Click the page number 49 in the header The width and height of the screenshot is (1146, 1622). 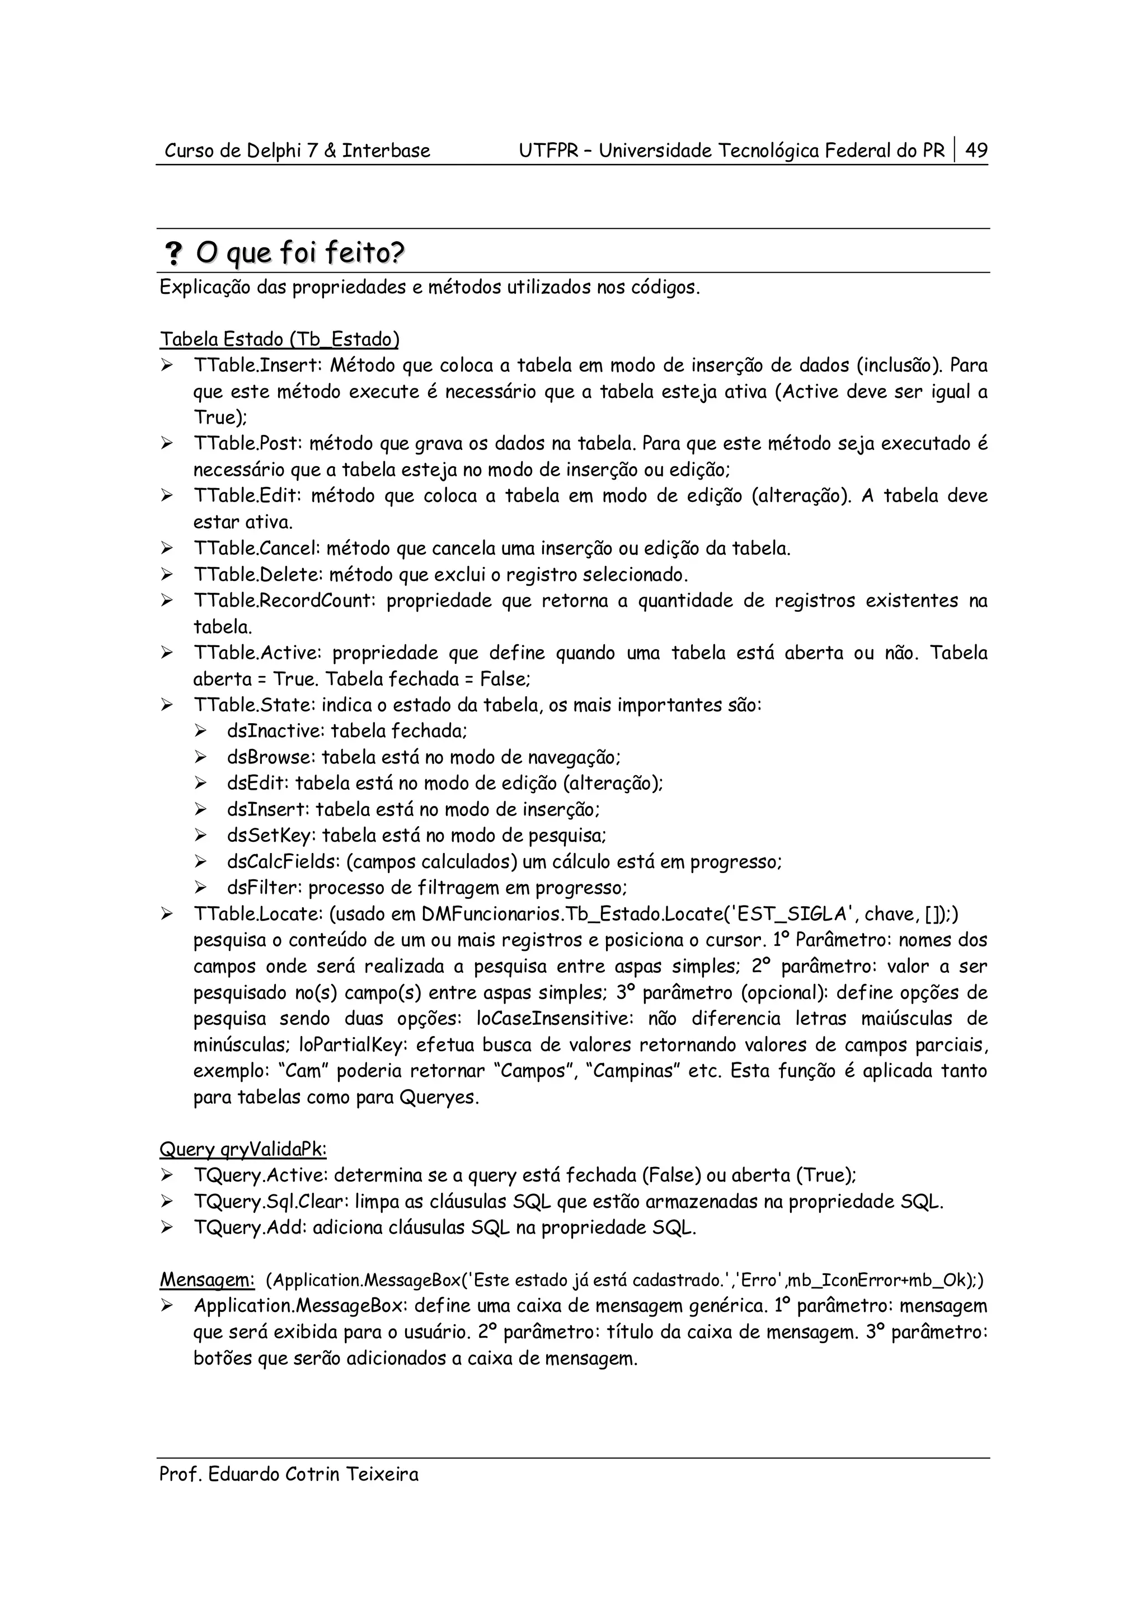tap(976, 151)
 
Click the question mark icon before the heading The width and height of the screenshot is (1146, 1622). tap(172, 253)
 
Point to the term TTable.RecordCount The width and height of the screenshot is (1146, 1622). tap(285, 601)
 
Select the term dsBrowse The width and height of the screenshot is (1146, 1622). tap(270, 757)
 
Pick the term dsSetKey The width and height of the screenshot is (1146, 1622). tap(270, 836)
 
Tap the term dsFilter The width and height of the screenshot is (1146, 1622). tap(264, 888)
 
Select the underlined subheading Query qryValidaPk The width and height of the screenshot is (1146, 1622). tap(243, 1150)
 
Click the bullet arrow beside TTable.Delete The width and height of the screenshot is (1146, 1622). tap(167, 574)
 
